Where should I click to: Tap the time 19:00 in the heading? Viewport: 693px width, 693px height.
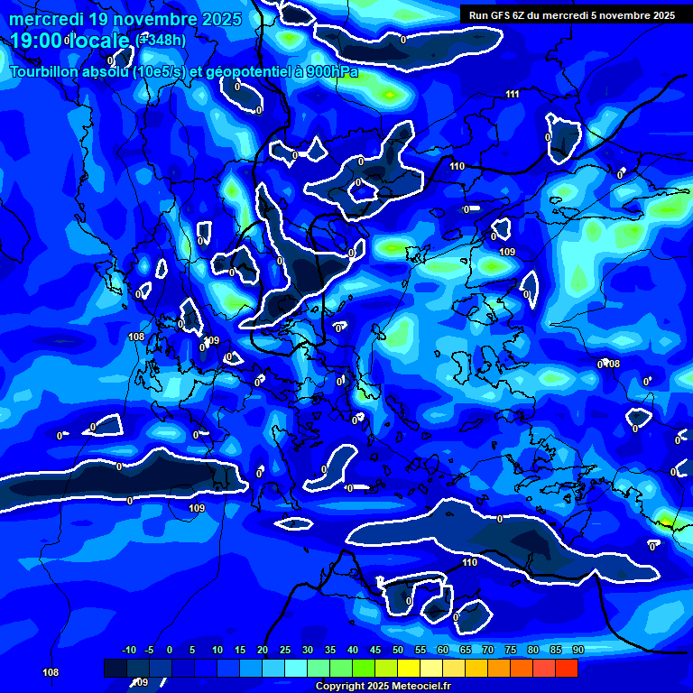click(x=36, y=41)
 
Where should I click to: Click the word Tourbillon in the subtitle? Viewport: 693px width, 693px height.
click(x=45, y=72)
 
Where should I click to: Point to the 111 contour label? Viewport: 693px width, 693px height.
click(x=513, y=95)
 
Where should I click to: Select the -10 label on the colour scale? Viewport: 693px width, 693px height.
click(x=128, y=651)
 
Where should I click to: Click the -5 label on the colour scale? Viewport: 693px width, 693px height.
click(x=149, y=651)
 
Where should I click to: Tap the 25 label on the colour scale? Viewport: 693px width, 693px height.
click(x=285, y=651)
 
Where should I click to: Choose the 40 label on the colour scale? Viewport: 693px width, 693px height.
click(x=353, y=651)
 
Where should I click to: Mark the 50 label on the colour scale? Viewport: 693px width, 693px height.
click(x=398, y=651)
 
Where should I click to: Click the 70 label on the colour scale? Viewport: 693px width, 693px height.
click(x=488, y=651)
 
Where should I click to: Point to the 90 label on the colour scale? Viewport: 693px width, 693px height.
click(x=577, y=651)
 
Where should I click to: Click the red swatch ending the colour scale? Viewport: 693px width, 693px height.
click(x=566, y=668)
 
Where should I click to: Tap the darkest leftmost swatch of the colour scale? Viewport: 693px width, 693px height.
click(x=115, y=668)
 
